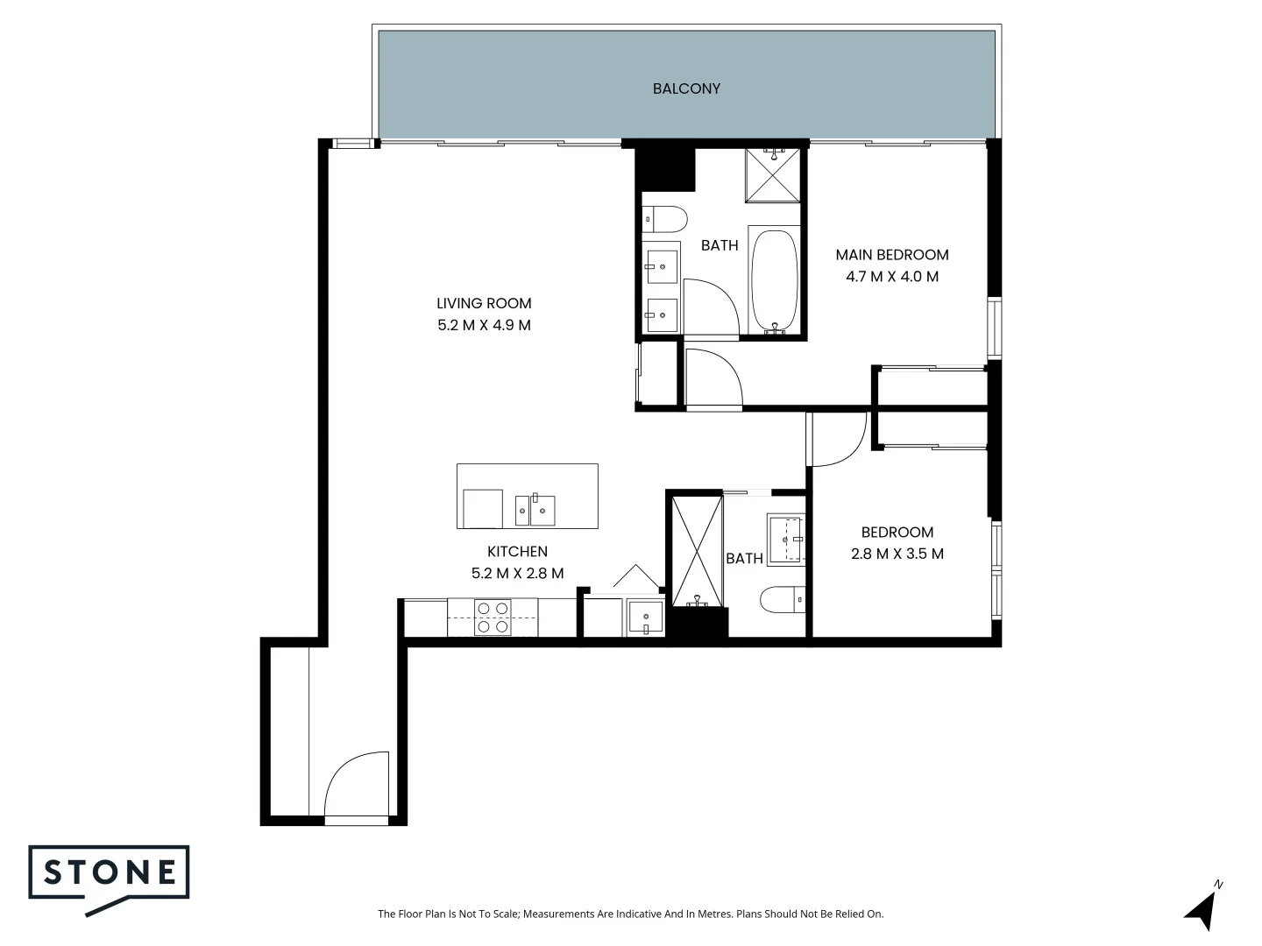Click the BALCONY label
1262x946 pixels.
click(686, 88)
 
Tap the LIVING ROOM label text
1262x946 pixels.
click(484, 304)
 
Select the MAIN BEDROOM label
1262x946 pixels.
click(891, 255)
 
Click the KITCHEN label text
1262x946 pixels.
click(517, 552)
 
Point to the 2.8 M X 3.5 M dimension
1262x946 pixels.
click(897, 554)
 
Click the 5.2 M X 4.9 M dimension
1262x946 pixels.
click(484, 325)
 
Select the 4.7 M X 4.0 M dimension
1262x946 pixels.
click(891, 277)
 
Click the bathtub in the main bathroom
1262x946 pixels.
click(774, 280)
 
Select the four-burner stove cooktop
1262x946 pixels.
click(493, 617)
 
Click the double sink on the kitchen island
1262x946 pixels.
click(535, 509)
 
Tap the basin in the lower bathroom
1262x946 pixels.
click(786, 537)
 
